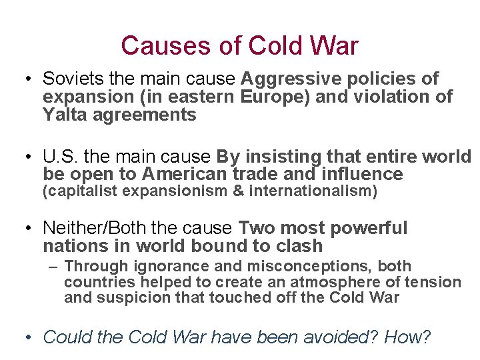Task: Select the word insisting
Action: (285, 157)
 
